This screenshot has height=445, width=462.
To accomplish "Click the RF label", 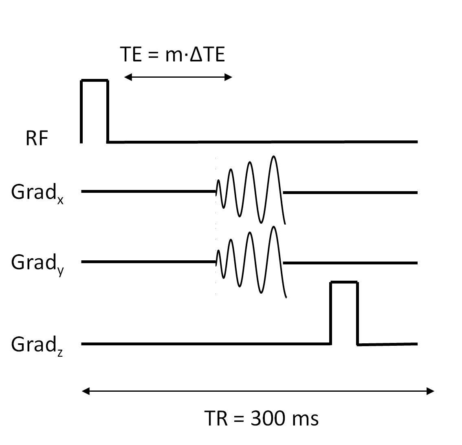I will (x=37, y=138).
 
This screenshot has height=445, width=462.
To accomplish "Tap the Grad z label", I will (x=37, y=345).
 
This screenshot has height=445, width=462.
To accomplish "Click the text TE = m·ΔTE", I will (x=172, y=54).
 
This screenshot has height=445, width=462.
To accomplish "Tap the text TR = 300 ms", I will (x=261, y=418).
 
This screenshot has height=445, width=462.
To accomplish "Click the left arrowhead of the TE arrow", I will (x=127, y=77).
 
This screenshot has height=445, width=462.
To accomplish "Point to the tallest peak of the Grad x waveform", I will (x=274, y=157).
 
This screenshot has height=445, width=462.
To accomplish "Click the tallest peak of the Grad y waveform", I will (x=274, y=227).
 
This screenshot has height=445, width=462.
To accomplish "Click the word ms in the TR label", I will (x=306, y=419).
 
